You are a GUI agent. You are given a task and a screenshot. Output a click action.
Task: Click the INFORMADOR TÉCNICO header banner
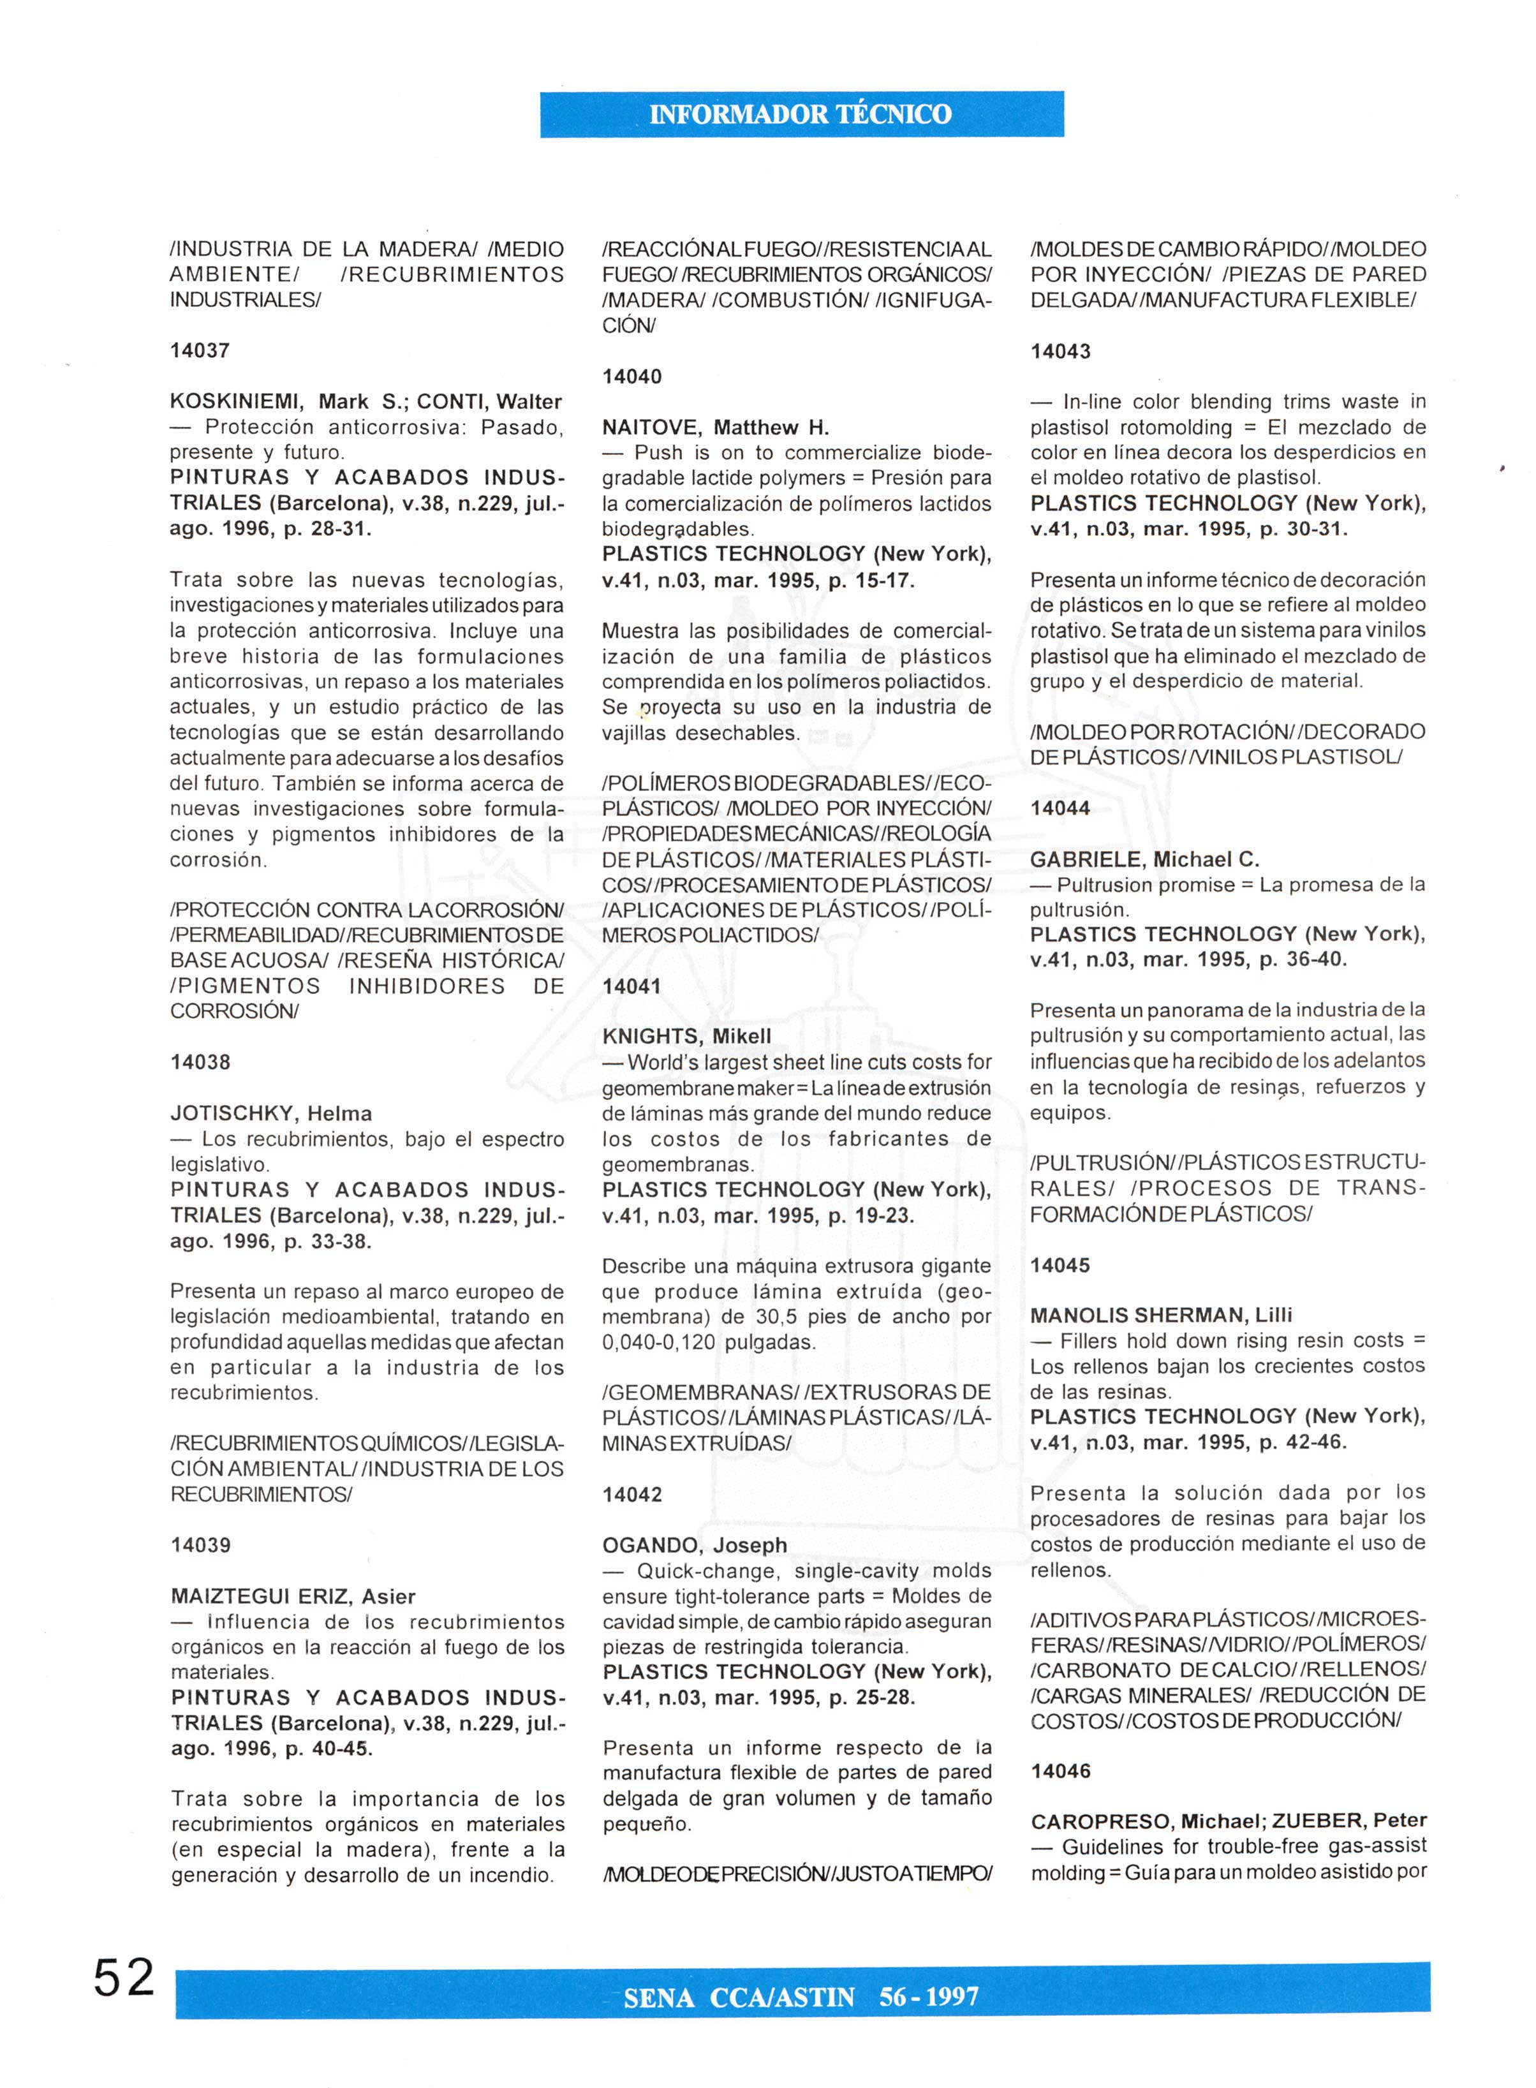[801, 114]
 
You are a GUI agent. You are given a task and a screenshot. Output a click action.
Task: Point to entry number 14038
[201, 1062]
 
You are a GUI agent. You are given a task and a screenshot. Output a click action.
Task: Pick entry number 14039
[201, 1545]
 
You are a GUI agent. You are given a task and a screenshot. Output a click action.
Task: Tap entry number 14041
[632, 986]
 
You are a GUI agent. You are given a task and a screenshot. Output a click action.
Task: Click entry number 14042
[632, 1494]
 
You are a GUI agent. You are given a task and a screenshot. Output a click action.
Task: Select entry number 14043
[1061, 352]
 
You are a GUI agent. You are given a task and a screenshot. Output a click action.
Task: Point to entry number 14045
[1061, 1265]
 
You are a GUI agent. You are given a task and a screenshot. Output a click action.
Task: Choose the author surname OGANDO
[651, 1545]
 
